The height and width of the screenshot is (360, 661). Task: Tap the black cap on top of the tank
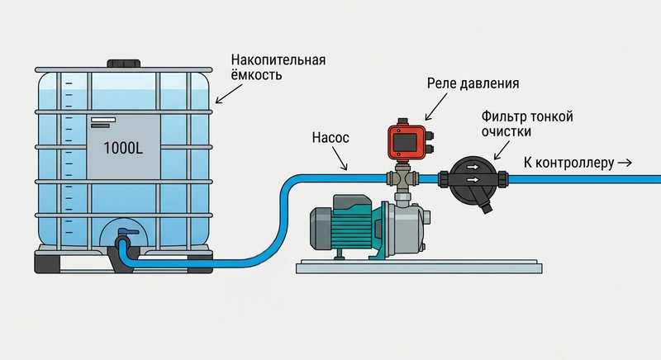[x=124, y=64]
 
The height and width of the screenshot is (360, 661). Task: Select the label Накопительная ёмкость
[x=278, y=68]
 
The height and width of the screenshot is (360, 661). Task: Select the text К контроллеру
[x=569, y=163]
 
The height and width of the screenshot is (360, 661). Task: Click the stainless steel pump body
[x=405, y=226]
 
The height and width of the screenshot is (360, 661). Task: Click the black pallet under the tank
[x=124, y=263]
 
